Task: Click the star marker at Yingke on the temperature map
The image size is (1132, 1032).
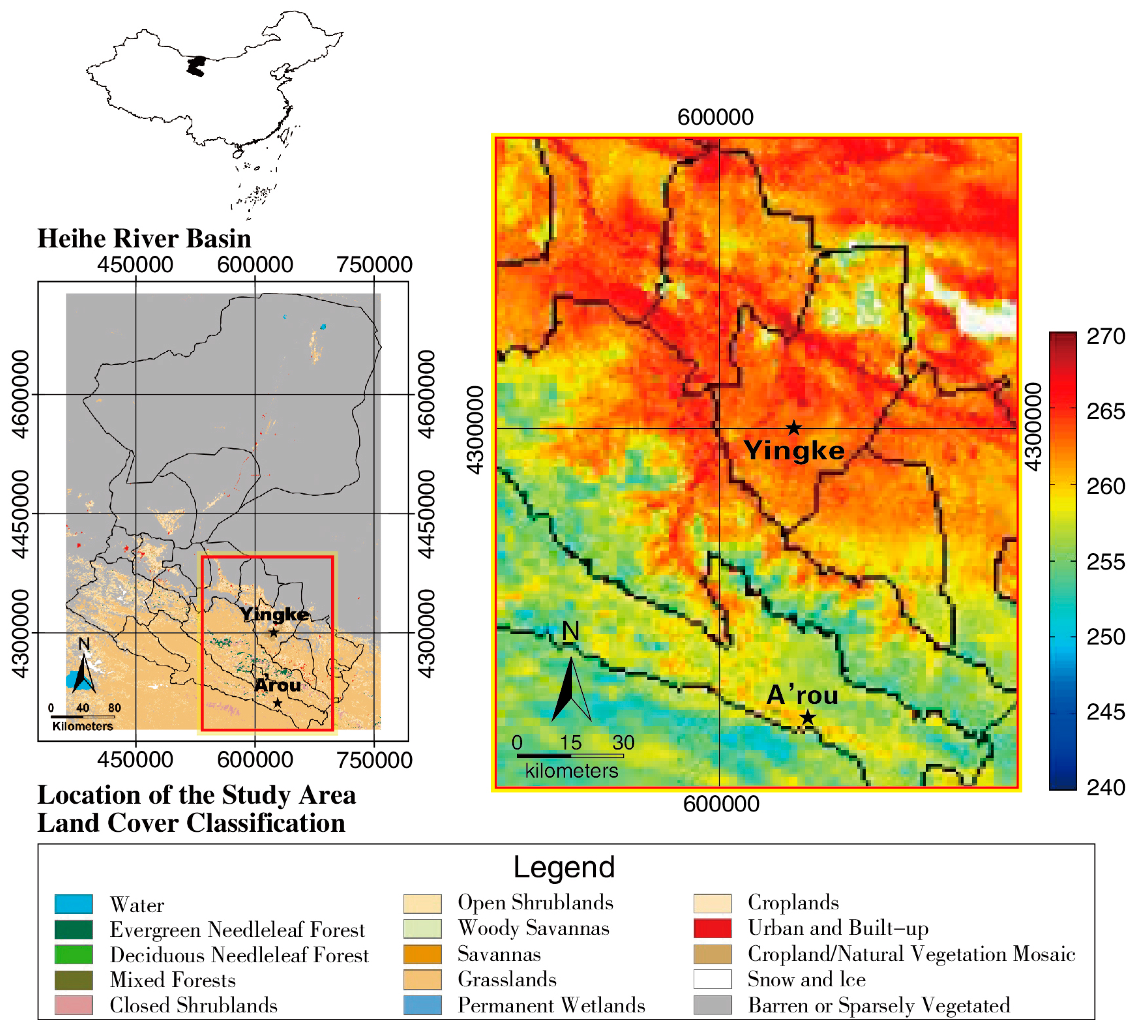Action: [793, 428]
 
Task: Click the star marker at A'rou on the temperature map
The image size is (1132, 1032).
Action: [807, 717]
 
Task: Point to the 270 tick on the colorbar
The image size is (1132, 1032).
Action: [1106, 337]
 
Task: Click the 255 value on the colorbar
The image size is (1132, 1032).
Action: [1106, 562]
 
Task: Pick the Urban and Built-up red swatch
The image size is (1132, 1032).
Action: [712, 929]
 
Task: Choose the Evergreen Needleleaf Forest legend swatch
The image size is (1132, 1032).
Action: [74, 930]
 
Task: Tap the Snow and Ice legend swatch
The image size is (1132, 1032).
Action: [712, 979]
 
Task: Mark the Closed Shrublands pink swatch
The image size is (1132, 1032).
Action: [74, 1005]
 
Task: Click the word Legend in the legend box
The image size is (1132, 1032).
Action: [564, 867]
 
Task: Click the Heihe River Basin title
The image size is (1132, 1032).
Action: [144, 238]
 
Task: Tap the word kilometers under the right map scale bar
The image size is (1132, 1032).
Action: [571, 771]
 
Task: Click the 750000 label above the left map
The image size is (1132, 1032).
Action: [374, 265]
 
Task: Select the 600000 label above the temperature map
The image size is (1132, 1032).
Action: [715, 117]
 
